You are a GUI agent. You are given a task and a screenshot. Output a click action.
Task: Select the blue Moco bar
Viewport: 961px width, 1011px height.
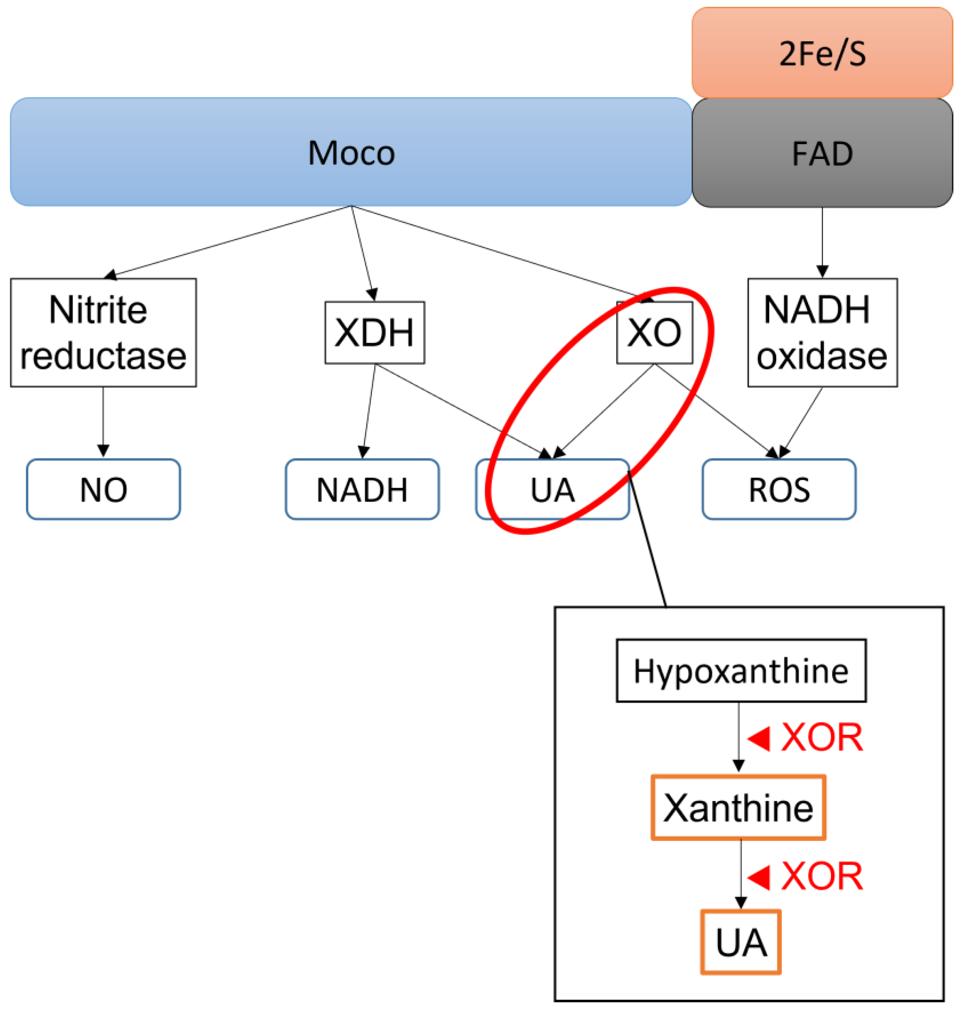(351, 152)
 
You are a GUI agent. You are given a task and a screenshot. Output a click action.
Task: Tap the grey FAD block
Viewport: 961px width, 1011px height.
(822, 153)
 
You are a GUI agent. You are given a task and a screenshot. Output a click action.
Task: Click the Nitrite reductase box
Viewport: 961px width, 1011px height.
(103, 332)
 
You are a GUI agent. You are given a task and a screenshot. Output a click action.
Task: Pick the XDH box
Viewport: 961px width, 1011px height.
(375, 332)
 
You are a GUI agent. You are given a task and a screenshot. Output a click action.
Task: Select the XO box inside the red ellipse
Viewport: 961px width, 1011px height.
(654, 332)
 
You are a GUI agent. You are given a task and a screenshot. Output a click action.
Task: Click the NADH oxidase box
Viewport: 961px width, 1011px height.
(822, 332)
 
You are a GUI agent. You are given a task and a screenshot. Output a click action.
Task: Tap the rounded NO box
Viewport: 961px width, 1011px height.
(103, 490)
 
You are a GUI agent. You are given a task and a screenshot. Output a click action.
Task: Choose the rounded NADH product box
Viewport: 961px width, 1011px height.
(362, 490)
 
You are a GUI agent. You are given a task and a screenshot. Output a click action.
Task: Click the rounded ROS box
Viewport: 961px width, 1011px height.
(778, 490)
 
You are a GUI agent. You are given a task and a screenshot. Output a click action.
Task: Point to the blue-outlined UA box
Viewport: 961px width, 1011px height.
(552, 490)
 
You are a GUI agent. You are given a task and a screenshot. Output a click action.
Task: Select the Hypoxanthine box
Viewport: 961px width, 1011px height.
(741, 671)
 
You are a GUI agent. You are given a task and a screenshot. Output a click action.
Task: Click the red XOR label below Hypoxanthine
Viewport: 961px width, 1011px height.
(821, 738)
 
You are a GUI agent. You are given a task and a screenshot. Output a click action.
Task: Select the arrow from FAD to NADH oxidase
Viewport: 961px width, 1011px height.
(822, 241)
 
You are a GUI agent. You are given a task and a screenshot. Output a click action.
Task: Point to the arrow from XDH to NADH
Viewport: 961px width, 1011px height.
(369, 410)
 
